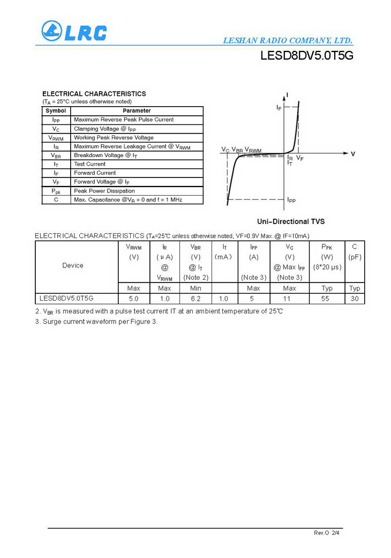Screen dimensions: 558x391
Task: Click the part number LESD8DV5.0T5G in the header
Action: (x=307, y=56)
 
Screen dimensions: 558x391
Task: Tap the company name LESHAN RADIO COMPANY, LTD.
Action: (x=287, y=41)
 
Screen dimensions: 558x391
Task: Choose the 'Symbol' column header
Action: (x=56, y=111)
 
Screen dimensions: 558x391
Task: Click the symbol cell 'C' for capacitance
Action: (x=56, y=199)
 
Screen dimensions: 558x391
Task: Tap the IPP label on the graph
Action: (x=291, y=200)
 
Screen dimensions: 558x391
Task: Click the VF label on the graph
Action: (x=300, y=159)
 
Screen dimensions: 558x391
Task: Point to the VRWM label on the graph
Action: (x=253, y=150)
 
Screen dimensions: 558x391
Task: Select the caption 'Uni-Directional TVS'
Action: (x=290, y=221)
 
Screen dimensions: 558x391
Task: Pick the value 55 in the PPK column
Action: (x=325, y=299)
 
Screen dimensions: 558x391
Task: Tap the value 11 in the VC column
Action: (x=289, y=299)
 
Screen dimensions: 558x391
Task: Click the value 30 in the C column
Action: (x=355, y=299)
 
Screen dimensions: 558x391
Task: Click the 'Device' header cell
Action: (x=73, y=265)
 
